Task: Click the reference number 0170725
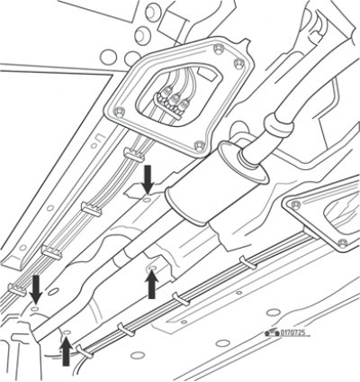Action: click(x=292, y=332)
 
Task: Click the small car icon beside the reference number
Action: click(x=272, y=332)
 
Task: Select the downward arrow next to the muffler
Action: click(x=148, y=179)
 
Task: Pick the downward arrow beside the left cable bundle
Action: click(x=36, y=289)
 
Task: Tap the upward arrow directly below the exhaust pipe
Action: click(x=152, y=285)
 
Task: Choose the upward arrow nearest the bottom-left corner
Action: click(x=66, y=351)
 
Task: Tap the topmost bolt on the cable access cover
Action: click(x=218, y=48)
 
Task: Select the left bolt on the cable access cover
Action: click(x=120, y=112)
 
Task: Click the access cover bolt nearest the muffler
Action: click(x=199, y=146)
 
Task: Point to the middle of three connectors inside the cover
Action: click(x=175, y=100)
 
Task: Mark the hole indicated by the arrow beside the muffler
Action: click(x=147, y=199)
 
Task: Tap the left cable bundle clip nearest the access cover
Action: click(x=134, y=155)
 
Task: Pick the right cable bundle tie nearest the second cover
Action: click(x=248, y=263)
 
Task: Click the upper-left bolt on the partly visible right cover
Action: click(x=296, y=205)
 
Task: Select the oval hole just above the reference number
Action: click(x=274, y=312)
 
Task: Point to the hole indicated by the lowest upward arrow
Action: click(x=67, y=332)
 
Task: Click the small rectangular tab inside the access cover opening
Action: click(x=207, y=74)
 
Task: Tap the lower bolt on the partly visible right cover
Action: click(x=342, y=242)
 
